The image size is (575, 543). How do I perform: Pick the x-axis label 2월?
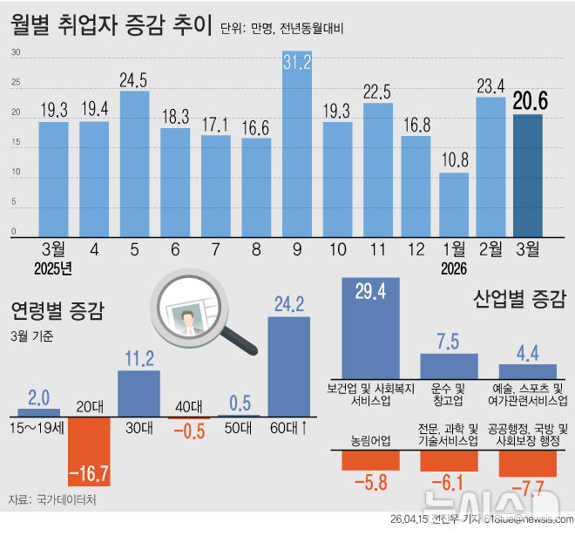pyautogui.click(x=490, y=248)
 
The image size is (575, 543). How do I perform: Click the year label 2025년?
pyautogui.click(x=53, y=268)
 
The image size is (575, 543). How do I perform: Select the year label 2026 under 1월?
pyautogui.click(x=454, y=268)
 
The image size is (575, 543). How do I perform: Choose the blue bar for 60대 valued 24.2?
pyautogui.click(x=288, y=366)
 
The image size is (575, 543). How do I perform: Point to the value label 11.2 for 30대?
pyautogui.click(x=139, y=358)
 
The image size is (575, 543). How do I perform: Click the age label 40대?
pyautogui.click(x=187, y=405)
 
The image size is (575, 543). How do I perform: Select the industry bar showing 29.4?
pyautogui.click(x=371, y=327)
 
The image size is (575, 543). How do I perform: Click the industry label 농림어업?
pyautogui.click(x=371, y=440)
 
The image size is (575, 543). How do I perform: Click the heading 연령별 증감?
pyautogui.click(x=57, y=309)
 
